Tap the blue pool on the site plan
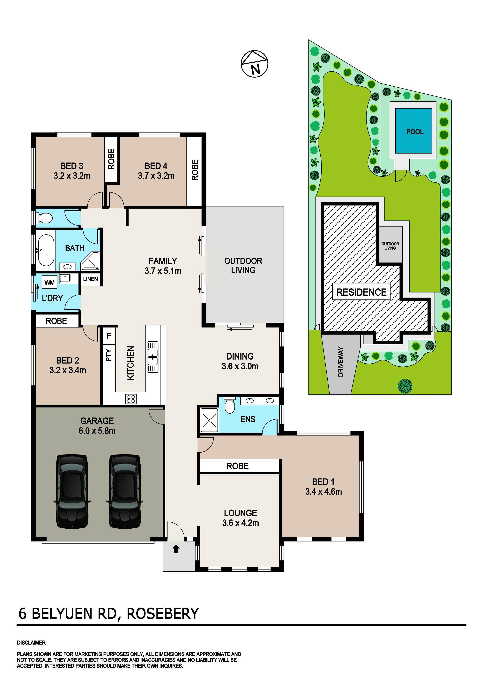pyautogui.click(x=414, y=131)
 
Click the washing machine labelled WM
pyautogui.click(x=49, y=282)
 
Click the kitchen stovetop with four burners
pyautogui.click(x=131, y=399)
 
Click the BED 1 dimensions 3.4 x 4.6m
pyautogui.click(x=323, y=492)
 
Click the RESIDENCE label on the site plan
pyautogui.click(x=361, y=292)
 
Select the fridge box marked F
pyautogui.click(x=109, y=336)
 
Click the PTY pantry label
pyautogui.click(x=109, y=355)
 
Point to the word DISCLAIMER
pyautogui.click(x=31, y=643)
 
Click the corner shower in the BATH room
pyautogui.click(x=91, y=261)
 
